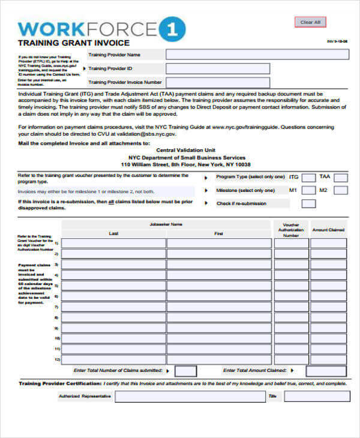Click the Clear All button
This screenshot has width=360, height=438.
(310, 22)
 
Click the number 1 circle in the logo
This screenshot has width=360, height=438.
(172, 29)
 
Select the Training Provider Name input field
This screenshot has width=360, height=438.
(257, 55)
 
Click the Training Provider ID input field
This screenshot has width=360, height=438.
(218, 68)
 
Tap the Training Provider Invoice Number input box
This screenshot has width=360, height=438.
(218, 83)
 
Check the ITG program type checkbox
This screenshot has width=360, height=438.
(308, 177)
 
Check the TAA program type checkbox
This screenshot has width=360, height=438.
(341, 177)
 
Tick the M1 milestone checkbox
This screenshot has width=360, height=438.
(308, 191)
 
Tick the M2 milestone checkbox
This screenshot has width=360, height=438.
(341, 191)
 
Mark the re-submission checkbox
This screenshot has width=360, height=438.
(308, 204)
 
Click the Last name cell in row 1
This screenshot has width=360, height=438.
(113, 244)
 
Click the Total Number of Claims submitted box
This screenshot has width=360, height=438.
(186, 371)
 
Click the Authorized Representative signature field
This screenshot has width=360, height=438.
(190, 397)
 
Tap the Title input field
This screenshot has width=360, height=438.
(317, 397)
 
